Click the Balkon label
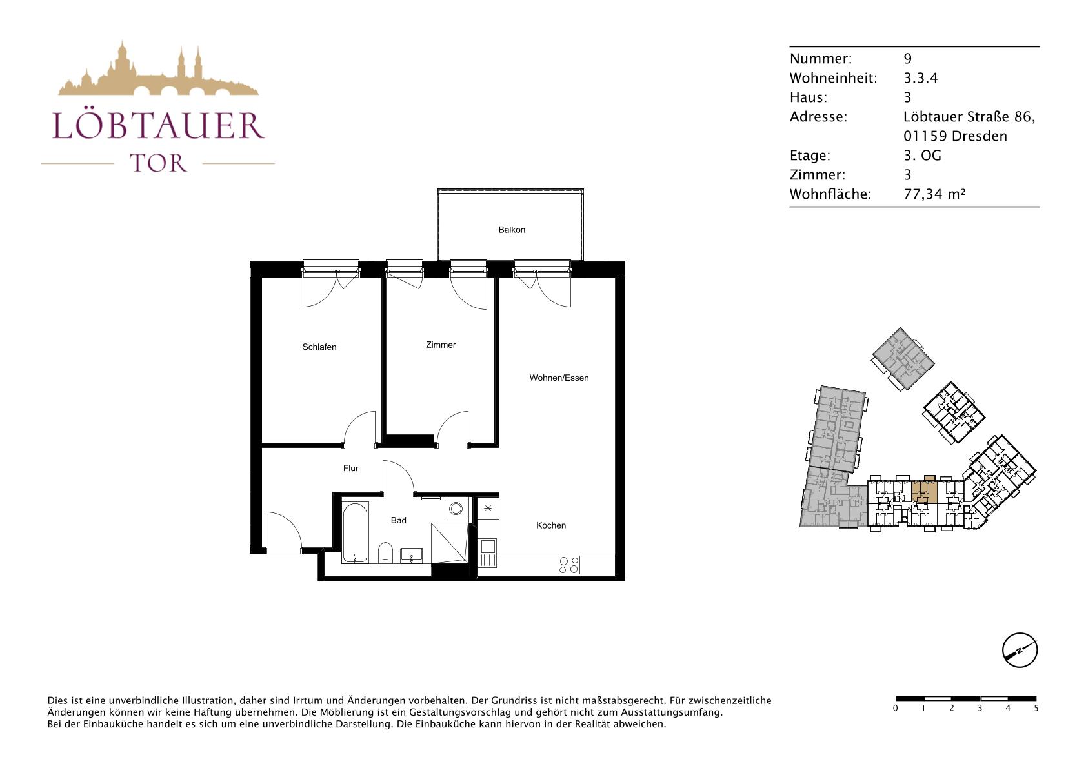point(512,230)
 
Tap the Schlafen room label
point(319,347)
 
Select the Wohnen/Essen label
point(559,378)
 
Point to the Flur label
point(350,468)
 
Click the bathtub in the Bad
point(355,533)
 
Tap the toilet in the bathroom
point(385,553)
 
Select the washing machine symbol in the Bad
point(456,509)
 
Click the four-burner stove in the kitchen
point(568,565)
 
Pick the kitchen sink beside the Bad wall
point(488,552)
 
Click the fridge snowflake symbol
point(488,508)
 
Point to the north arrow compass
point(1020,650)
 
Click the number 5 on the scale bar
point(1036,709)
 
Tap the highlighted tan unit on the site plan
point(924,490)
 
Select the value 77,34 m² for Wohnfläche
point(934,194)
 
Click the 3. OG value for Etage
point(922,155)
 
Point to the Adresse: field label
point(818,117)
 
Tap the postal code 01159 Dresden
point(955,136)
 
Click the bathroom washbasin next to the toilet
point(412,555)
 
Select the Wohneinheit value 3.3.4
point(921,77)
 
